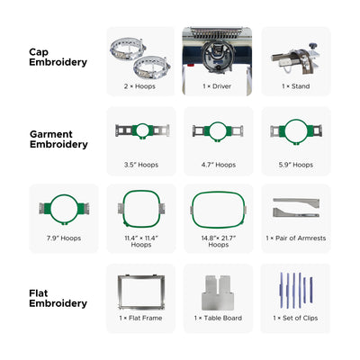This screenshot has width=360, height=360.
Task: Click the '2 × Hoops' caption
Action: click(x=140, y=85)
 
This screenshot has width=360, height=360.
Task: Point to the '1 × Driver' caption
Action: click(x=218, y=85)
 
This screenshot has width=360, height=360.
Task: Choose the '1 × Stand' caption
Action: click(x=296, y=85)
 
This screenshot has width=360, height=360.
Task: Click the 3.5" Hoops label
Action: click(x=140, y=165)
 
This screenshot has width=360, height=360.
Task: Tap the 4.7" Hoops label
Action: click(x=218, y=165)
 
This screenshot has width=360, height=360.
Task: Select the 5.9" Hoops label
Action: click(x=296, y=165)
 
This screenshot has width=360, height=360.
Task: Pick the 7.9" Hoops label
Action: click(x=64, y=238)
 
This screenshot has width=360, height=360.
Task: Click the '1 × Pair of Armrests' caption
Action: click(x=296, y=238)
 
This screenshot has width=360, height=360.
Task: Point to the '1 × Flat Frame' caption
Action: click(x=140, y=319)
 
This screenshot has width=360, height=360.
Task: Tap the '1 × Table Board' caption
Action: click(x=218, y=319)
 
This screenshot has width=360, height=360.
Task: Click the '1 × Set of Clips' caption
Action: click(x=296, y=319)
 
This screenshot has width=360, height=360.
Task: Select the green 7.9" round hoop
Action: click(x=64, y=209)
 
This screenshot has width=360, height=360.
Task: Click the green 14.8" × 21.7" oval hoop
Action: click(x=218, y=208)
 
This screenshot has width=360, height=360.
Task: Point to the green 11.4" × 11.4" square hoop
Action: click(x=140, y=209)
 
